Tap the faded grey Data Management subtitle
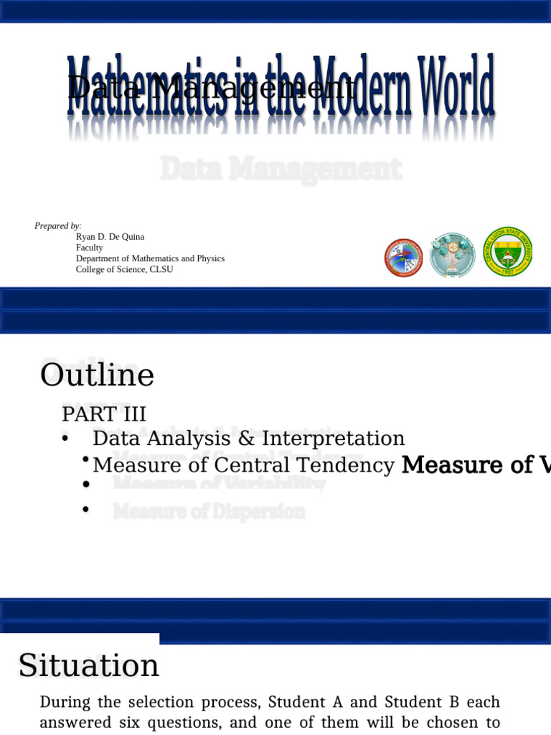click(x=281, y=170)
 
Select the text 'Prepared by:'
click(x=58, y=226)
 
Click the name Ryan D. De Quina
click(x=110, y=237)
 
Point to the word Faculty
click(x=90, y=248)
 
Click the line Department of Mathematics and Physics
click(x=150, y=258)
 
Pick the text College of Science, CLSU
click(x=124, y=269)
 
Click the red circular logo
click(x=403, y=258)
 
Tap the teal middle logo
click(x=452, y=256)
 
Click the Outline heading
click(x=97, y=375)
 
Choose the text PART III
click(x=104, y=414)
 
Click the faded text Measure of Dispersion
click(x=209, y=512)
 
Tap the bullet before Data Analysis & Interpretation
click(x=65, y=439)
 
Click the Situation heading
click(x=89, y=665)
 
